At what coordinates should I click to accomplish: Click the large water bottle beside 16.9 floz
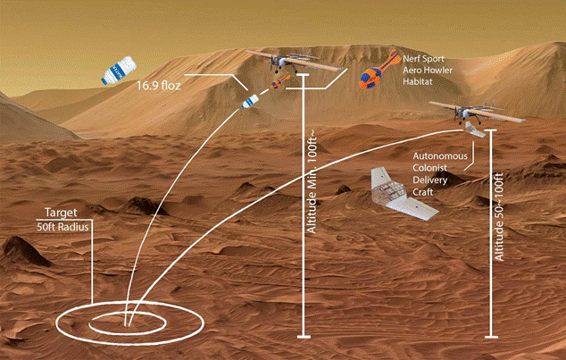(119, 70)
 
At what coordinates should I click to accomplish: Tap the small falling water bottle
(250, 101)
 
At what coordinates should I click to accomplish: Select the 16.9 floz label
(158, 87)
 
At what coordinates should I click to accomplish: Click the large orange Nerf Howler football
(379, 70)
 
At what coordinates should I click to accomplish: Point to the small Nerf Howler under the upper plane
(280, 81)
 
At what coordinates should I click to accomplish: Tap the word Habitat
(417, 82)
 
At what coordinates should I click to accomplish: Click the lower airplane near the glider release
(478, 111)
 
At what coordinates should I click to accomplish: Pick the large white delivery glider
(403, 194)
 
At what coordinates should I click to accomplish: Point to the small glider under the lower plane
(474, 130)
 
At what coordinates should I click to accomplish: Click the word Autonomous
(440, 156)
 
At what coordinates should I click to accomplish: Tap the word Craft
(422, 192)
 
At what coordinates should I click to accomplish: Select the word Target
(61, 213)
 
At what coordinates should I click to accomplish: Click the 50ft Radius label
(62, 227)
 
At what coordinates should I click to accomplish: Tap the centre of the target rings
(127, 322)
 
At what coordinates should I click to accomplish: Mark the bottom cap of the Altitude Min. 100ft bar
(304, 337)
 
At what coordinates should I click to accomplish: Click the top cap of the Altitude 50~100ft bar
(490, 130)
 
